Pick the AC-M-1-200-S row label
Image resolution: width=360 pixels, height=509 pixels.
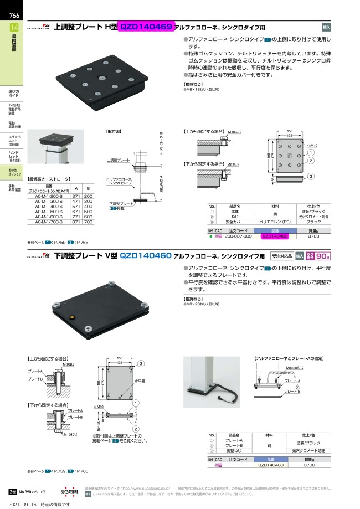pyautogui.click(x=48, y=196)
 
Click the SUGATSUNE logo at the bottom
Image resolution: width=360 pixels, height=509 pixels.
pyautogui.click(x=69, y=491)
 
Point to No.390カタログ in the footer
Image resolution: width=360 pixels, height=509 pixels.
pyautogui.click(x=32, y=491)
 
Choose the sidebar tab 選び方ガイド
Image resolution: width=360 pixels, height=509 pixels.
pyautogui.click(x=14, y=93)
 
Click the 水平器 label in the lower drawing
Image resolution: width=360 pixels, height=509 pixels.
pyautogui.click(x=139, y=382)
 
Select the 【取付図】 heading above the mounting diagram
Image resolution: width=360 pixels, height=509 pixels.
pyautogui.click(x=113, y=132)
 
